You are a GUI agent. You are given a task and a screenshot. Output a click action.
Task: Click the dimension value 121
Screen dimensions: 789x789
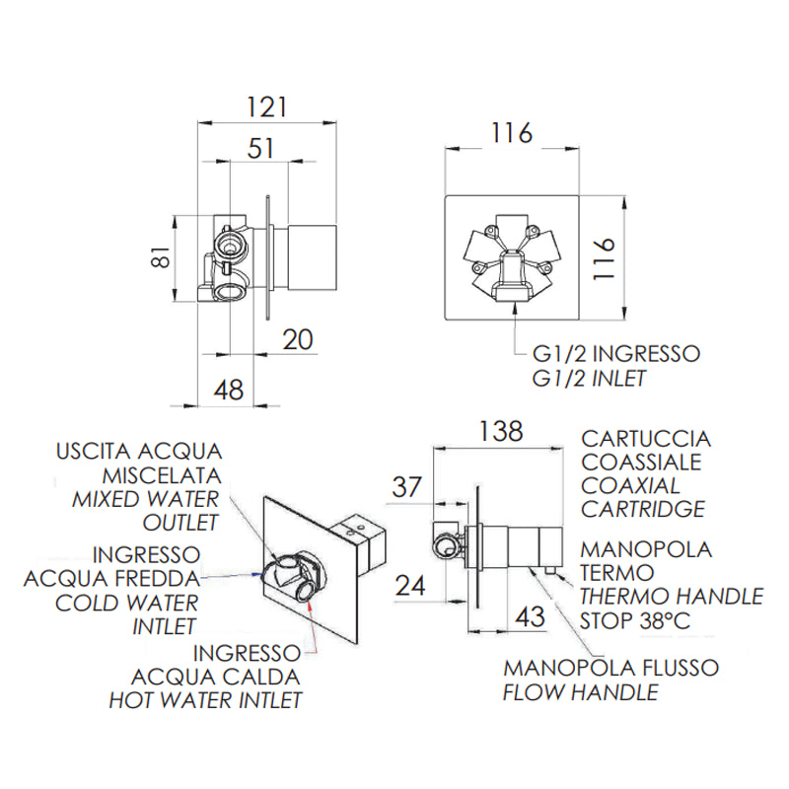click(266, 107)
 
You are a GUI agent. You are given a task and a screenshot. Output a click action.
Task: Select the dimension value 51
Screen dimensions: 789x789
click(260, 149)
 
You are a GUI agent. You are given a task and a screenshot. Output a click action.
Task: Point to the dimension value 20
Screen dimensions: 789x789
click(298, 339)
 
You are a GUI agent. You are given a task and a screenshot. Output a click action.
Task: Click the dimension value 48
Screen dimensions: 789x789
click(229, 390)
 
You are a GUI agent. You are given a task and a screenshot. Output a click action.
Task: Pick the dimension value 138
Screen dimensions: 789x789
click(501, 431)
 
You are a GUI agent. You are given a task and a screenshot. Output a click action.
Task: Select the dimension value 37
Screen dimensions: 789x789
click(406, 487)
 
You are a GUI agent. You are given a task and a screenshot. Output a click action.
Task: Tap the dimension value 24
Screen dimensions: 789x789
click(410, 586)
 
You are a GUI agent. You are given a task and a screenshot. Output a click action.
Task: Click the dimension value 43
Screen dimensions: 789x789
click(530, 617)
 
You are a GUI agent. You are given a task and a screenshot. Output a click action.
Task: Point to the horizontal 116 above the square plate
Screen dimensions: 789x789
click(512, 133)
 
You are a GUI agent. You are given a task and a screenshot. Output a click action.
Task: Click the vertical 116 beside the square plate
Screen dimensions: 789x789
click(604, 258)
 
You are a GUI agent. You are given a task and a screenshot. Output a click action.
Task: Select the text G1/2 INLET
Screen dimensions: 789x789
click(589, 379)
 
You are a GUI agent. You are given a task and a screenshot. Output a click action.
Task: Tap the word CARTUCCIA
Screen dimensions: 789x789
click(646, 439)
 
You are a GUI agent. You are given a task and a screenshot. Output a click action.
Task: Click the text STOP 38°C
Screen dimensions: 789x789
click(635, 620)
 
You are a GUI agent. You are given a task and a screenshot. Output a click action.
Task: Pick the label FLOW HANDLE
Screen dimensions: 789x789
click(581, 692)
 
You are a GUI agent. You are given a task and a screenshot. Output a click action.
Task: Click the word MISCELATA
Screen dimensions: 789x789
click(162, 475)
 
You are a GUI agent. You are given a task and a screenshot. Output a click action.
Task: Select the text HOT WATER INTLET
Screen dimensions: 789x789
click(206, 700)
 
